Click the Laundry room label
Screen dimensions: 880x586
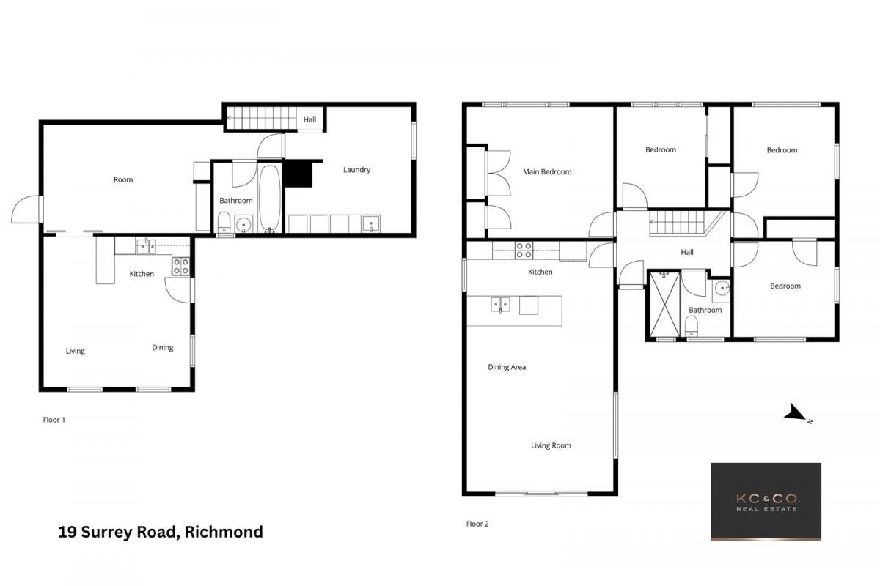(x=356, y=169)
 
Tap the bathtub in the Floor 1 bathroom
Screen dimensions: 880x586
(x=270, y=199)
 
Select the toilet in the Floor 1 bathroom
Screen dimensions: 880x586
(x=224, y=223)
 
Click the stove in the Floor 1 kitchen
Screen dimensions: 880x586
(x=180, y=266)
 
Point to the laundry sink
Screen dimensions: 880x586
(x=371, y=224)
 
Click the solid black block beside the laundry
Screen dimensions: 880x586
(x=298, y=174)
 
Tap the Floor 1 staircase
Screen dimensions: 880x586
(x=262, y=118)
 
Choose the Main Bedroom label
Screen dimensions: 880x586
(x=547, y=171)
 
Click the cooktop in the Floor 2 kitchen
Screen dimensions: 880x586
(x=524, y=250)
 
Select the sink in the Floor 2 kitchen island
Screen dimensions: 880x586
(x=500, y=305)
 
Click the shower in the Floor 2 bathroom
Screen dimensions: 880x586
(x=664, y=305)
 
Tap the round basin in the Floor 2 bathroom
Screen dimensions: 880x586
(x=722, y=289)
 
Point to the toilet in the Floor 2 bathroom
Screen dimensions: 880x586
(x=692, y=326)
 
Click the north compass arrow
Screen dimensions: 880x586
(x=796, y=413)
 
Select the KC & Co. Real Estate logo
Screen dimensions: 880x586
(x=766, y=502)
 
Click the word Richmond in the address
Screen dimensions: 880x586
(x=224, y=532)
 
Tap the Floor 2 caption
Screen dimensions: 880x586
(x=477, y=524)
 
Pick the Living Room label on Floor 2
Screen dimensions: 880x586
(x=551, y=445)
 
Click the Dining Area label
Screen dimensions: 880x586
(x=507, y=367)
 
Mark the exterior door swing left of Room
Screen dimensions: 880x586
(x=26, y=209)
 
